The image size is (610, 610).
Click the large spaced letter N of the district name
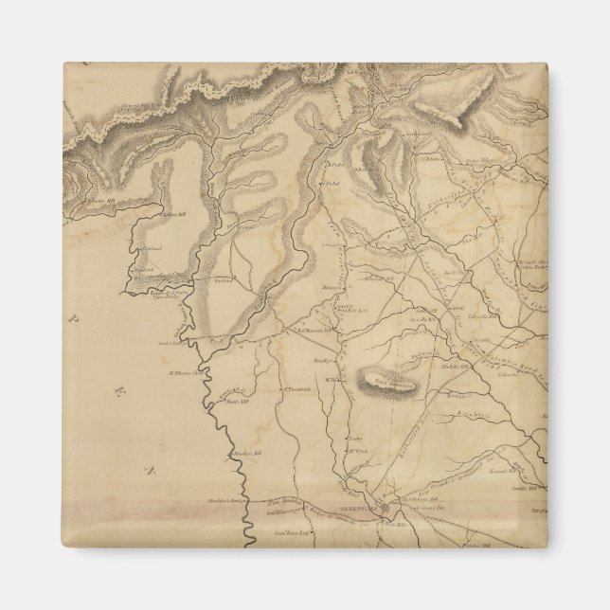coord(146,469)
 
